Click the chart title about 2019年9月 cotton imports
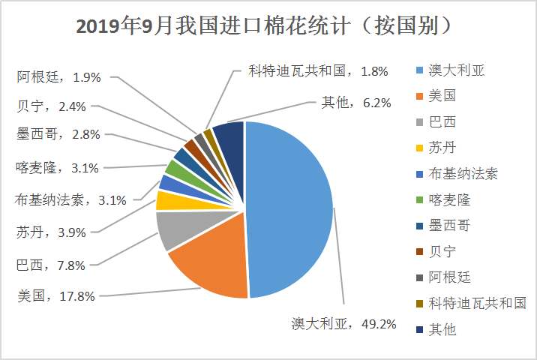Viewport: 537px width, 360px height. pyautogui.click(x=264, y=25)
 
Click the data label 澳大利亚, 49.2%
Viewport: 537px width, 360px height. pyautogui.click(x=343, y=324)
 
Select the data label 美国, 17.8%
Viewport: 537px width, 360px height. pyautogui.click(x=56, y=296)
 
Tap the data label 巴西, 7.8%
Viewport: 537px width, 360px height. pyautogui.click(x=51, y=265)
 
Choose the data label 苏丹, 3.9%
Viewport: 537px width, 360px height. pyautogui.click(x=51, y=232)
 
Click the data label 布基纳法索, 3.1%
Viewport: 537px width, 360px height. pyautogui.click(x=70, y=200)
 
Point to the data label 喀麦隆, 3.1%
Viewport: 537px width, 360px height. pyautogui.click(x=57, y=168)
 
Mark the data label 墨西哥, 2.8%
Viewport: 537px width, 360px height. pyautogui.click(x=58, y=134)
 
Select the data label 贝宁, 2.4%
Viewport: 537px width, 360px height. pyautogui.click(x=51, y=106)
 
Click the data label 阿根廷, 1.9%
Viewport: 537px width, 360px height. pyautogui.click(x=59, y=77)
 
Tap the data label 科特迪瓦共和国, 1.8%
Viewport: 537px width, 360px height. pyautogui.click(x=318, y=71)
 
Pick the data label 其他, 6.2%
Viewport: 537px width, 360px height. pyautogui.click(x=356, y=103)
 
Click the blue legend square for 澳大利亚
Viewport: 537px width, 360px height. pyautogui.click(x=419, y=70)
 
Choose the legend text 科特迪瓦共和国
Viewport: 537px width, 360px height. pyautogui.click(x=477, y=303)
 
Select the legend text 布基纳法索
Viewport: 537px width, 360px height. pyautogui.click(x=463, y=174)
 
